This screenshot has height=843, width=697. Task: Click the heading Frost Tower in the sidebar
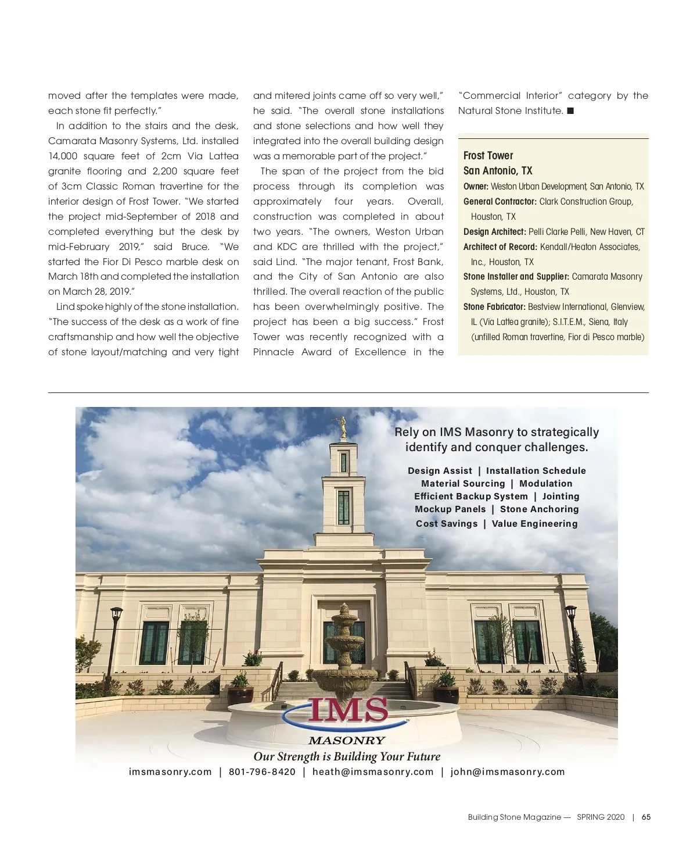488,156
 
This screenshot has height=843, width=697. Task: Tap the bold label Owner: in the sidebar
476,187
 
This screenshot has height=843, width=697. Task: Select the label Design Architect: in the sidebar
494,232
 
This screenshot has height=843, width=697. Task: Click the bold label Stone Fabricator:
494,307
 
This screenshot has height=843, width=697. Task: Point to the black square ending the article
570,110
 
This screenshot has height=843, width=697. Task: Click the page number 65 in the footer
646,817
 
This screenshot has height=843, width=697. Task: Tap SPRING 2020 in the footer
601,817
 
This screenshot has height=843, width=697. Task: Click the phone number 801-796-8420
262,772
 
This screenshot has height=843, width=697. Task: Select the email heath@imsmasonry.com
373,772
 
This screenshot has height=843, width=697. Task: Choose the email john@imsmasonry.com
507,772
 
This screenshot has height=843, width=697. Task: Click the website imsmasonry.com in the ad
170,772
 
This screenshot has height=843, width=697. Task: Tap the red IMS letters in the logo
347,710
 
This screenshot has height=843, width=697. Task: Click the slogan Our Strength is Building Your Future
347,756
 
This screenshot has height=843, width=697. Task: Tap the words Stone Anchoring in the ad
539,509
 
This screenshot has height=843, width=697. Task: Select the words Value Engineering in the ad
534,524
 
